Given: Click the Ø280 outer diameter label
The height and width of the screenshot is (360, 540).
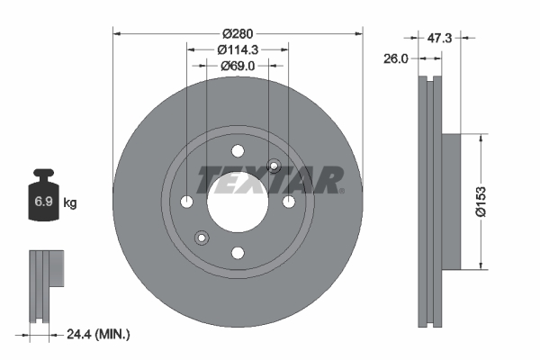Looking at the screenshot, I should click(x=238, y=20).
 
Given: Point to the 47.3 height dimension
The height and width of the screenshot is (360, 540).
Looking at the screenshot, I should click(x=439, y=39).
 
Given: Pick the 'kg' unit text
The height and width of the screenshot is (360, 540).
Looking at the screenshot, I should click(x=70, y=203).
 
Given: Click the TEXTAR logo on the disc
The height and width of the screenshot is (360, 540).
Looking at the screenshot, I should click(x=269, y=180).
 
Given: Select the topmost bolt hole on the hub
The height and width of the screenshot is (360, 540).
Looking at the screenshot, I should click(x=238, y=151).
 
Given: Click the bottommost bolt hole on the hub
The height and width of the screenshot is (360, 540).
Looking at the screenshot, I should click(x=238, y=253).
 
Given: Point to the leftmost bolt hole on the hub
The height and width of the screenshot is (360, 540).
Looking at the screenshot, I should click(x=187, y=202).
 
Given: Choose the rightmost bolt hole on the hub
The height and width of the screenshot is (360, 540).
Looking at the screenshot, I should click(x=289, y=202).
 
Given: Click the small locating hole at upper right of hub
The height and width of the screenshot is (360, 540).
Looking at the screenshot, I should click(x=274, y=165).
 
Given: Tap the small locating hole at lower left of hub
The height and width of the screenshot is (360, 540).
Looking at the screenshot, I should click(x=202, y=238).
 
